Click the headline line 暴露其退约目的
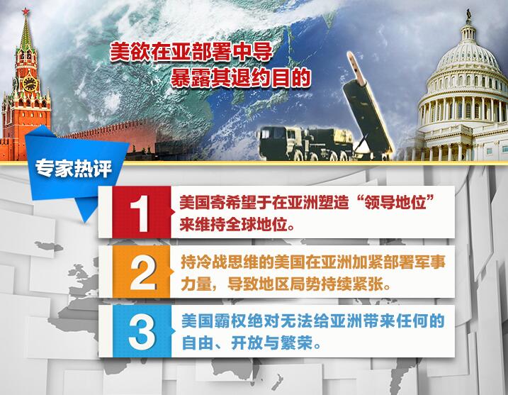240,76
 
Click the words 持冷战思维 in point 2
210,262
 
